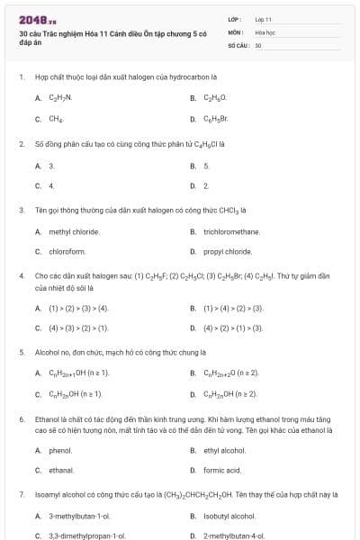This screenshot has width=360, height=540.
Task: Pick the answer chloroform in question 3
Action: [x=67, y=252]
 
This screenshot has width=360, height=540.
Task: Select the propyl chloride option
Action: [x=227, y=252]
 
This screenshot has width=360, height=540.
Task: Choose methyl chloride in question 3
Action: [x=67, y=231]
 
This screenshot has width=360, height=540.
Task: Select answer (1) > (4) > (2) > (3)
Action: [x=233, y=308]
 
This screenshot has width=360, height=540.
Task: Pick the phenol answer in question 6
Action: [x=59, y=450]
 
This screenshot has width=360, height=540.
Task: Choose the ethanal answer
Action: [x=61, y=470]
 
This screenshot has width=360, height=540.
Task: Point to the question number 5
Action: [x=22, y=352]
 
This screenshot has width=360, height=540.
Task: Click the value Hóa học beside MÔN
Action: [x=264, y=31]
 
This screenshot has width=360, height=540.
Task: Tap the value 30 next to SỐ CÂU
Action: [x=258, y=44]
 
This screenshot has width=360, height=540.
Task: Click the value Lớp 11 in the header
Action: [x=263, y=19]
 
